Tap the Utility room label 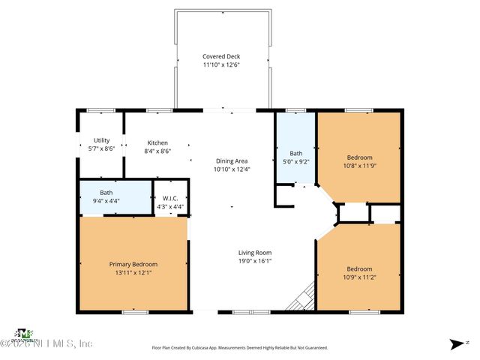[101, 140]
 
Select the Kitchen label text [157, 142]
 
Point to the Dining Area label [232, 160]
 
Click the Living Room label [255, 253]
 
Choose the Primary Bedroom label [133, 264]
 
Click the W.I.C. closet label [169, 199]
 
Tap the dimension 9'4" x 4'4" [106, 201]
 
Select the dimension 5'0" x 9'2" [295, 159]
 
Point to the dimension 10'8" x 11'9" [358, 166]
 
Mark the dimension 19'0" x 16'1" [255, 261]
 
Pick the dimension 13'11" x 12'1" [133, 272]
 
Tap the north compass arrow [455, 343]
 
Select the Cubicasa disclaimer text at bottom [240, 348]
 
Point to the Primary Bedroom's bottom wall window [135, 311]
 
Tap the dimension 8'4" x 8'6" [157, 151]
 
